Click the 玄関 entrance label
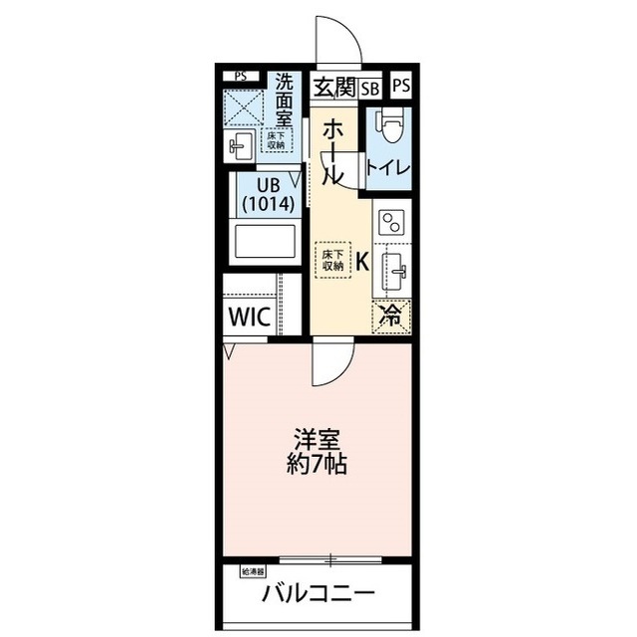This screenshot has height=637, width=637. click(336, 87)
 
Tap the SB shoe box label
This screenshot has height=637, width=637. click(369, 88)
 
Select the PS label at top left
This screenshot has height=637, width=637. click(239, 76)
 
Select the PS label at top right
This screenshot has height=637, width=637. click(400, 87)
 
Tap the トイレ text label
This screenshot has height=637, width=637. click(388, 167)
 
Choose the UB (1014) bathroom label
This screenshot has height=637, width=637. click(267, 193)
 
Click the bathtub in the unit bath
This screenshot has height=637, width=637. click(265, 242)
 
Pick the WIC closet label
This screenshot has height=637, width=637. click(249, 318)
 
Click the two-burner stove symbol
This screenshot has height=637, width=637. click(391, 223)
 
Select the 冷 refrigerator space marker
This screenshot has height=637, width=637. click(392, 318)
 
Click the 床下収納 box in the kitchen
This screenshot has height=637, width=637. click(332, 259)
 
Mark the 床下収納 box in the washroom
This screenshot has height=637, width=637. click(276, 139)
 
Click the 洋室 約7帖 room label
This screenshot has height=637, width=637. click(318, 450)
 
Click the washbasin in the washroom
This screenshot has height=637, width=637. click(240, 147)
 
